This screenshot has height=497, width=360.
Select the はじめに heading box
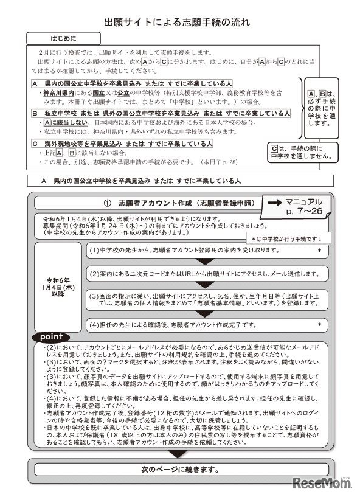point(63,37)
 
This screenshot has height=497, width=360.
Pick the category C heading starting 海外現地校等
point(122,144)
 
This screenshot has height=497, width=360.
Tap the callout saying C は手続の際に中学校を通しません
point(302,151)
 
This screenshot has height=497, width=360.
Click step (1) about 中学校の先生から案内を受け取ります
point(207,250)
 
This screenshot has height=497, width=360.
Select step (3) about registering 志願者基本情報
point(207,300)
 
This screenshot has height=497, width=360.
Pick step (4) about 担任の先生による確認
point(207,325)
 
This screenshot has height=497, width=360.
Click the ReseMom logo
point(322,482)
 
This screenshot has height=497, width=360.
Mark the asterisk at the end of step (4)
point(319,325)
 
